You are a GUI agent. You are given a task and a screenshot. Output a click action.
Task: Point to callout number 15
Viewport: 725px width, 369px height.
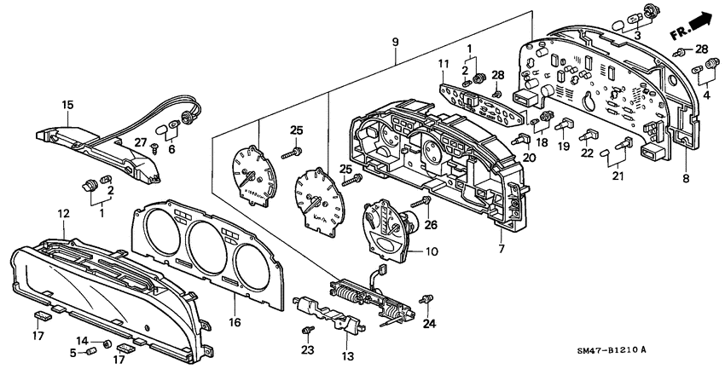coord(67,105)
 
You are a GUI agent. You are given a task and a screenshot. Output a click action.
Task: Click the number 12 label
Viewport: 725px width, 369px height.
coord(64,212)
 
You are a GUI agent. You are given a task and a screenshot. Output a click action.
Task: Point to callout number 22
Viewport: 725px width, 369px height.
coord(586,153)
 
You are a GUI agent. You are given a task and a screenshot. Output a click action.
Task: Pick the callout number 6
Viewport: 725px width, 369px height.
coord(174,149)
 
